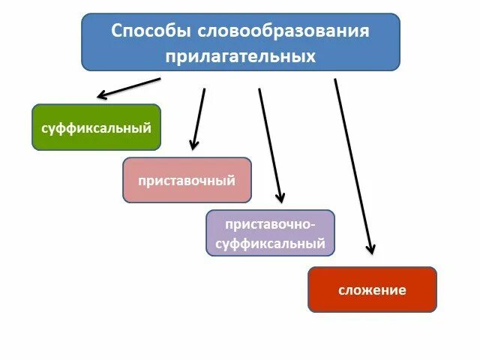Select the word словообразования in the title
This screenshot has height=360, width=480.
coord(284,31)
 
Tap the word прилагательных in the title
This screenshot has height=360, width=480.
coord(241,56)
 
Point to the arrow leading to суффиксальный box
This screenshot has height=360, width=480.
coord(129,87)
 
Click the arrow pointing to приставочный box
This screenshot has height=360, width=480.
coord(199,118)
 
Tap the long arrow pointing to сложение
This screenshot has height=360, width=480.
coord(353,165)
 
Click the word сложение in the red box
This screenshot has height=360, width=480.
coord(372,290)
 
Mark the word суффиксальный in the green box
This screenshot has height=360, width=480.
coord(96,127)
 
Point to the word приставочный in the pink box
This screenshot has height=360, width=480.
coord(187,181)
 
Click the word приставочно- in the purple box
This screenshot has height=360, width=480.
coord(270,224)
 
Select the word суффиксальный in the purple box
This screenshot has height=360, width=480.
coord(270,244)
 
